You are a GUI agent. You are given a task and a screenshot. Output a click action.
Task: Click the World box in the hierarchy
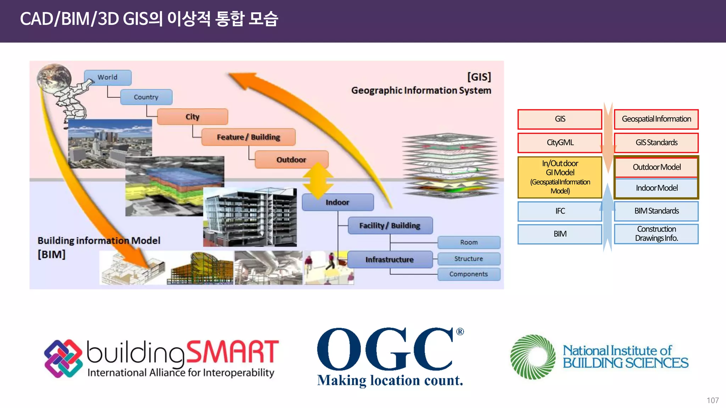point(107,78)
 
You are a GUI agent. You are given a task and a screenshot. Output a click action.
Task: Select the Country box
point(146,97)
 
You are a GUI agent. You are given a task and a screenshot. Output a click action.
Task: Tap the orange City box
point(192,117)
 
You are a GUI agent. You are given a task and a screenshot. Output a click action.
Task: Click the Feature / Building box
point(248,137)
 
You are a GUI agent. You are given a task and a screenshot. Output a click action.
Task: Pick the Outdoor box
point(291,160)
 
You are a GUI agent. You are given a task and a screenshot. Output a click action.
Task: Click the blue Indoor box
point(337,202)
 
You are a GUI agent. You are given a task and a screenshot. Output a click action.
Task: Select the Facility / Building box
point(390,226)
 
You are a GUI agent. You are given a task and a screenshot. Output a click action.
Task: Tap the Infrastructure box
point(390,260)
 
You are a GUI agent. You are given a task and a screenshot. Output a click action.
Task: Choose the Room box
point(469,242)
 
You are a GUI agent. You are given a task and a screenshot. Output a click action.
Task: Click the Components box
point(469,274)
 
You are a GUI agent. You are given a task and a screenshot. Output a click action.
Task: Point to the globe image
point(54,79)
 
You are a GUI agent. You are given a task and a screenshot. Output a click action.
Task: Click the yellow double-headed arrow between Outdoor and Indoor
point(318,181)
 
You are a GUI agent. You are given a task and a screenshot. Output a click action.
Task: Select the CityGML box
point(560,143)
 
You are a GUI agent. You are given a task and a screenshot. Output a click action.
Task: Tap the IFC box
point(560,211)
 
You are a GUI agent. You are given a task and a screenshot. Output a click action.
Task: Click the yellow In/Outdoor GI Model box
point(560,177)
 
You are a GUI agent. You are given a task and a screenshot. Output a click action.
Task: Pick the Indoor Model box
point(656,188)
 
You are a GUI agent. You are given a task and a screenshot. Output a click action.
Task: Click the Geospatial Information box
point(656,119)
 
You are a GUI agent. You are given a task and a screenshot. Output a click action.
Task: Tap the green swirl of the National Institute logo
point(533,357)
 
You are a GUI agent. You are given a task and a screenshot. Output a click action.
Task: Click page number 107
point(712,400)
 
